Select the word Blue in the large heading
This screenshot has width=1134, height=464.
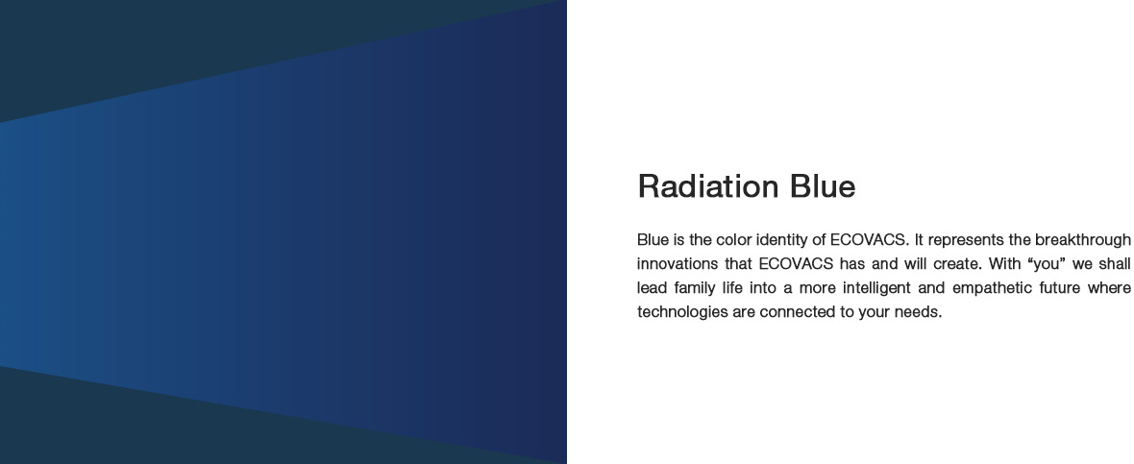coord(823,186)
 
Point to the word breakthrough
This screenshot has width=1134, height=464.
coord(1083,240)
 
